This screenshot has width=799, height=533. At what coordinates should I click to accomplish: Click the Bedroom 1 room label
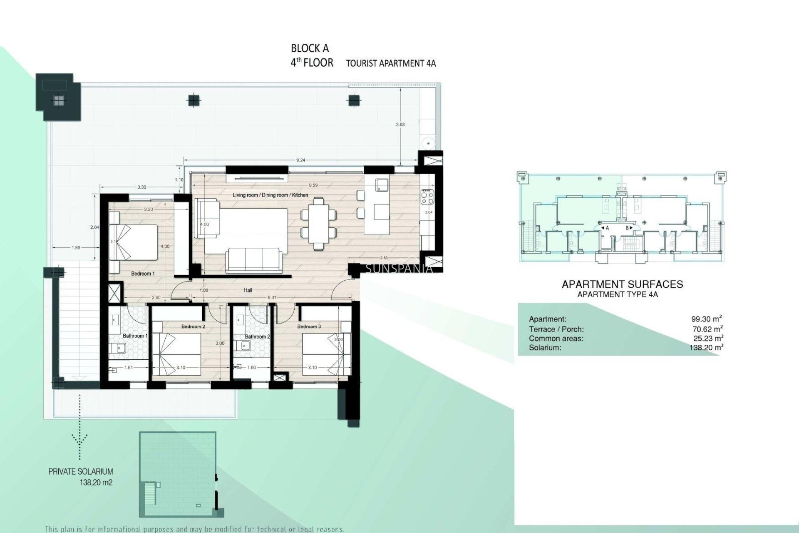(x=143, y=274)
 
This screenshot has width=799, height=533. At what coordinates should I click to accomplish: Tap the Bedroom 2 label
(x=193, y=326)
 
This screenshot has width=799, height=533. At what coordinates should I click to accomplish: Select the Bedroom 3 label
(x=309, y=326)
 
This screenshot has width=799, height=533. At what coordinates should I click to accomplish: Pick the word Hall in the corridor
(x=248, y=290)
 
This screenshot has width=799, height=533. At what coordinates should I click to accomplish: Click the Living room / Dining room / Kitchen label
(x=270, y=195)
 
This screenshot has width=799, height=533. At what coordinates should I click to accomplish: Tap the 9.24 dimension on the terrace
(x=300, y=160)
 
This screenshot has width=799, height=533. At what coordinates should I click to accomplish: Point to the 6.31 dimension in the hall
(x=272, y=297)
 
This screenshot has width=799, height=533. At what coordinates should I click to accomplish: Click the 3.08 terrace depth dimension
(x=400, y=124)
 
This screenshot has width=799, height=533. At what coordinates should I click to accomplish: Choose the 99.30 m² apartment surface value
(x=706, y=319)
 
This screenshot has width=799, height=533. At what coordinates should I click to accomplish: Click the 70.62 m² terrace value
(x=706, y=329)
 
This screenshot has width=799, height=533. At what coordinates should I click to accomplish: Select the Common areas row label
(x=556, y=339)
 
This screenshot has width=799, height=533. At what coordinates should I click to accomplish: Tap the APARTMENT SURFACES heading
(x=622, y=284)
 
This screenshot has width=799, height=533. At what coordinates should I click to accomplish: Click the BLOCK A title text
(x=310, y=48)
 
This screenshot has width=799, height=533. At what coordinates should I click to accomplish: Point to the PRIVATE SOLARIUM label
(x=81, y=472)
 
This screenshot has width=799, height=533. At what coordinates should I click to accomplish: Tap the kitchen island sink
(x=381, y=184)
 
